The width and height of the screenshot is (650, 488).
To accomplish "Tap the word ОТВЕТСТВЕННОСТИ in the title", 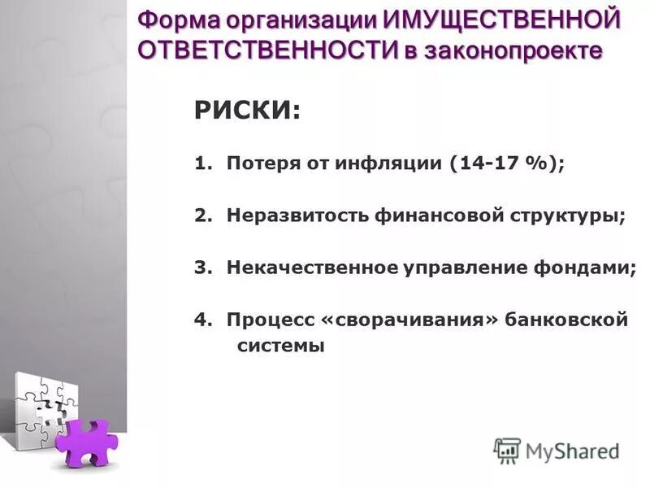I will [266, 50].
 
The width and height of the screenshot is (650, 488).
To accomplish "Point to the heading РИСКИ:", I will [247, 111].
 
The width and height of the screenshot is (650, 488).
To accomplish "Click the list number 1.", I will [200, 163].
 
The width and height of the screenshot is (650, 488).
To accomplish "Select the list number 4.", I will [200, 320].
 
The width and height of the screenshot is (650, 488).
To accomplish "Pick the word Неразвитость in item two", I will [298, 216].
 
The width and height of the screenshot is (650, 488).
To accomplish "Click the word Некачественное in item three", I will [311, 268].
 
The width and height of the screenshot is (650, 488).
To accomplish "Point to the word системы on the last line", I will [280, 346].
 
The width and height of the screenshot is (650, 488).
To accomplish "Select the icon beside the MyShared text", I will [507, 451].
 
